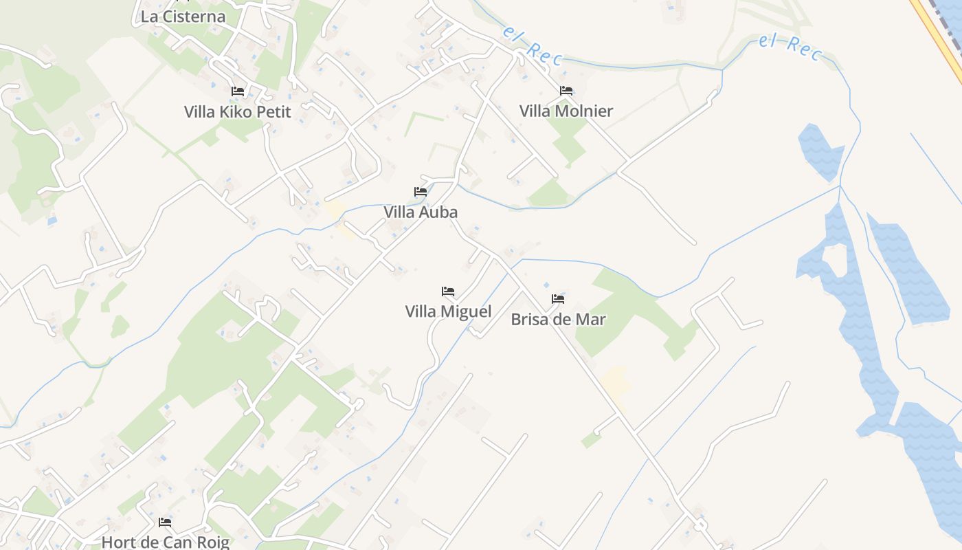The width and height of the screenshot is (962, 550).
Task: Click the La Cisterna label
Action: [x=183, y=16]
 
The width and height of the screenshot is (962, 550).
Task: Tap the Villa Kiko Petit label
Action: [x=238, y=111]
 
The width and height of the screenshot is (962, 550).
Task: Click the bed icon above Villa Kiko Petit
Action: [x=238, y=91]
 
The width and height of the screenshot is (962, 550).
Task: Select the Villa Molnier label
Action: [x=566, y=111]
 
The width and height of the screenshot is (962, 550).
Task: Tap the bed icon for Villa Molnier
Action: [x=566, y=90]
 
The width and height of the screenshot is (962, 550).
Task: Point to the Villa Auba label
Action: [x=421, y=212]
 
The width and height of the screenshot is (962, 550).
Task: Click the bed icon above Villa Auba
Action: [x=421, y=192]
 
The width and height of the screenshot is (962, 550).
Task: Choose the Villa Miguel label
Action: [x=448, y=311]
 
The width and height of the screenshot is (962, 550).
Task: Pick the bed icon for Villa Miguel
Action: [x=448, y=291]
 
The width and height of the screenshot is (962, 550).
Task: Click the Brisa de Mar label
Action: [x=558, y=319]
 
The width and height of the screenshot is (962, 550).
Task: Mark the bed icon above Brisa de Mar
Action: [x=558, y=299]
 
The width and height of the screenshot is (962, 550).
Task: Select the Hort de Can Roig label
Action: [x=165, y=542]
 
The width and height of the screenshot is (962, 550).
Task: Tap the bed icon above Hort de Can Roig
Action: [x=165, y=522]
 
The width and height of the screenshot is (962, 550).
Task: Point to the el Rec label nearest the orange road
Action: [x=790, y=47]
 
